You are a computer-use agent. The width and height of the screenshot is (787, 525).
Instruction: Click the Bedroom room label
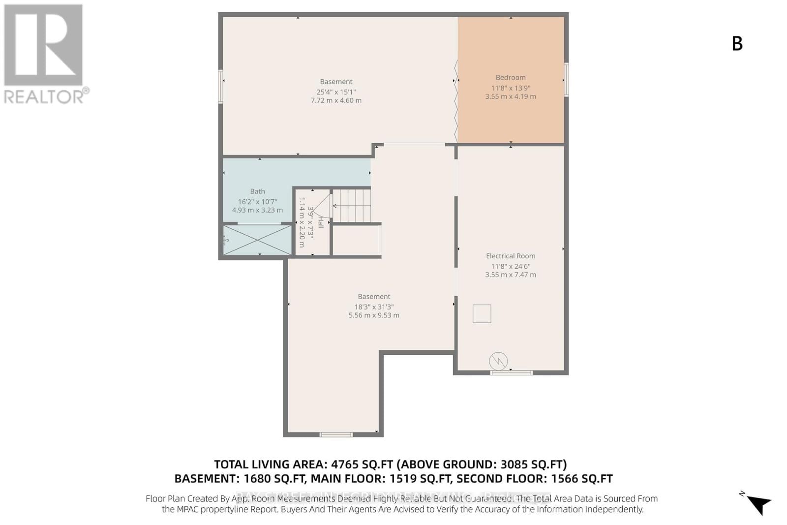coord(511,77)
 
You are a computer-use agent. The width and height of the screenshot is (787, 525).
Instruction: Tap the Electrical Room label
coord(511,256)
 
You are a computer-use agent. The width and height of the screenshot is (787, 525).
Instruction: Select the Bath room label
coord(257,191)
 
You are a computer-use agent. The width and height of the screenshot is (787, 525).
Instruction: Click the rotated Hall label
coord(321,222)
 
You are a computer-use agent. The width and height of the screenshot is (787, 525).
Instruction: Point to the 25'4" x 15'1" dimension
coord(336,92)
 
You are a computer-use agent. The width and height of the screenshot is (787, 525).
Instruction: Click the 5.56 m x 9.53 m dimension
coord(374,315)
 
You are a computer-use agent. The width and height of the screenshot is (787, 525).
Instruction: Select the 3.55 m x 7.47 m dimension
coord(511,275)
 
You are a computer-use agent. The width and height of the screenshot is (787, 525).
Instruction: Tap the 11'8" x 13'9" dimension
coord(511,88)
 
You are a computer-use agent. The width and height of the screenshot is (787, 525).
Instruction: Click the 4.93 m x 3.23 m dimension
coord(257,210)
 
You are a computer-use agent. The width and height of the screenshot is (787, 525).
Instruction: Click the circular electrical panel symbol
coord(498,361)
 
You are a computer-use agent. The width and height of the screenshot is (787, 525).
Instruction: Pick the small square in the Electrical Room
coord(482,313)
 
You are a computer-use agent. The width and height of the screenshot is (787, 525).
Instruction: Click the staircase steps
coord(352,206)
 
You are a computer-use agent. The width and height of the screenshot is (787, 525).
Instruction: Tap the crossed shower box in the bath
coord(258,240)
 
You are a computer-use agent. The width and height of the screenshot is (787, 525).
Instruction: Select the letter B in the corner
coord(737,44)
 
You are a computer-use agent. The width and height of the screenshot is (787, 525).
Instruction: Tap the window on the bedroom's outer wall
coord(566,79)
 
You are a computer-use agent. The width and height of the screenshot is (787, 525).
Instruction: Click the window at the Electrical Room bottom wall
coord(511,372)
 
